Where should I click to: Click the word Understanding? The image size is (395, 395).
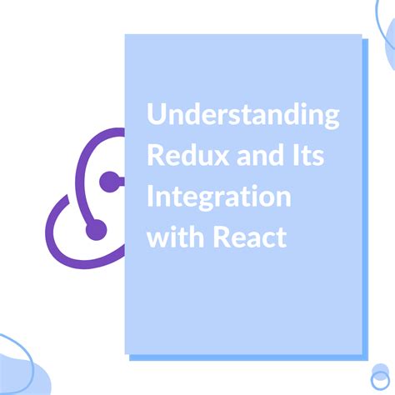(x=243, y=116)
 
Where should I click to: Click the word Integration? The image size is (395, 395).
(x=219, y=197)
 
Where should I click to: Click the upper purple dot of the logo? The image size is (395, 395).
(x=107, y=181)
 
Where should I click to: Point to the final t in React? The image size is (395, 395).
(x=281, y=237)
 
